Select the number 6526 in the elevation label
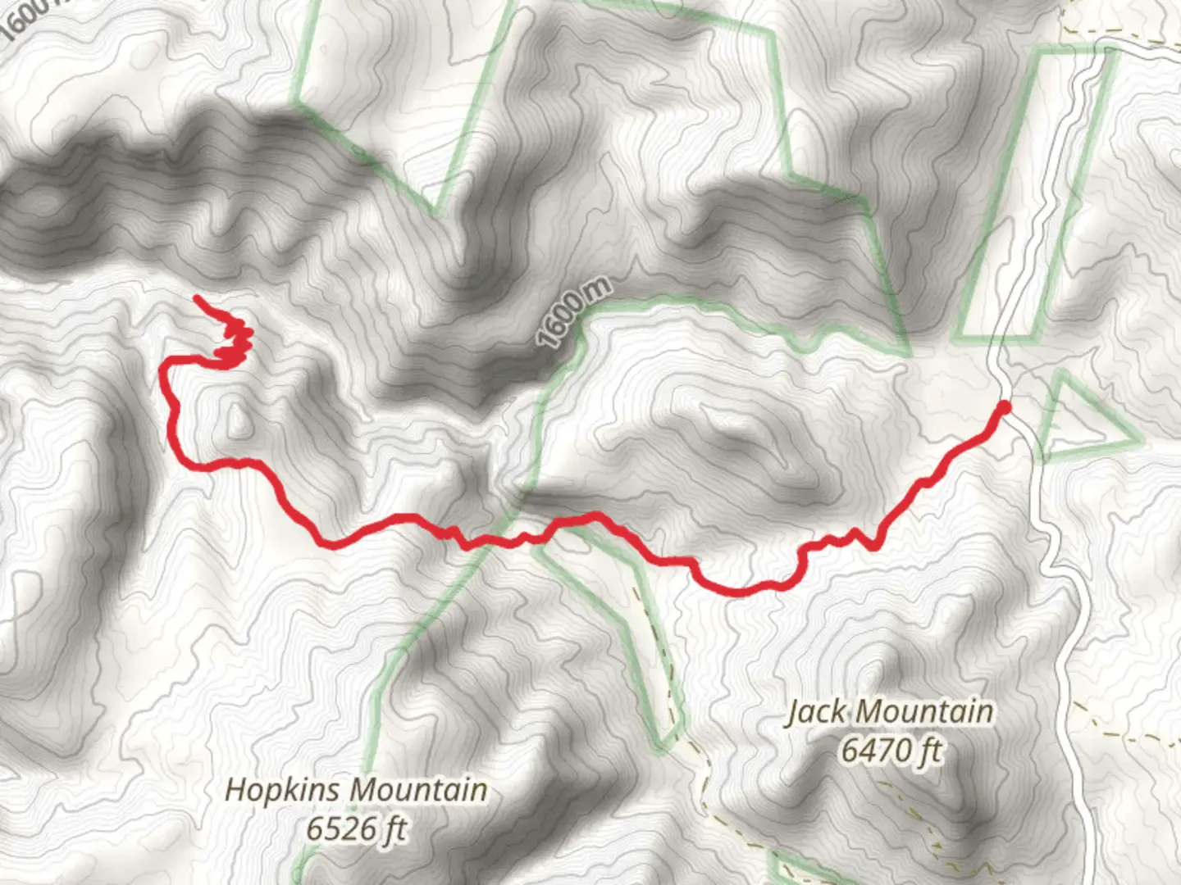(334, 829)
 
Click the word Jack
(817, 712)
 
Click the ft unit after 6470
(929, 750)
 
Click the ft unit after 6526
(393, 829)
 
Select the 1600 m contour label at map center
(574, 314)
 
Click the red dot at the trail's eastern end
(1003, 406)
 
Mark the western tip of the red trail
(197, 298)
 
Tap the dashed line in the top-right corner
(1148, 33)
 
